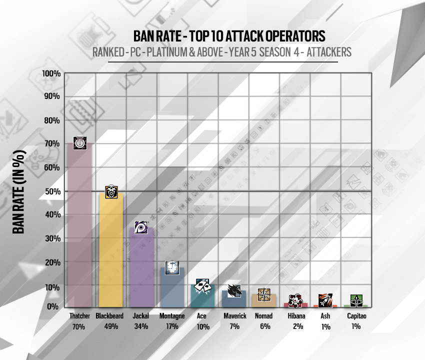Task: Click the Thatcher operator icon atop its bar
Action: (x=79, y=143)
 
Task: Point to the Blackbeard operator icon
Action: (x=111, y=191)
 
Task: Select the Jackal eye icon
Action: (x=141, y=227)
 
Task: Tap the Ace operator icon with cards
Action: (x=202, y=285)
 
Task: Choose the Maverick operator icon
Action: (x=233, y=290)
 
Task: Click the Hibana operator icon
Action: (x=295, y=300)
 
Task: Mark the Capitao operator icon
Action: (x=356, y=301)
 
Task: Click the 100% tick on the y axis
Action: (x=51, y=74)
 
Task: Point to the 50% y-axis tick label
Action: (x=52, y=191)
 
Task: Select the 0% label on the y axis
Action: (x=54, y=306)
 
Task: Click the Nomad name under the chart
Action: (x=263, y=316)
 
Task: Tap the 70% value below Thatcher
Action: (x=79, y=326)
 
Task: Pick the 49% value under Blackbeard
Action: (x=111, y=326)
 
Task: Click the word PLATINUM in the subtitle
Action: (x=183, y=51)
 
